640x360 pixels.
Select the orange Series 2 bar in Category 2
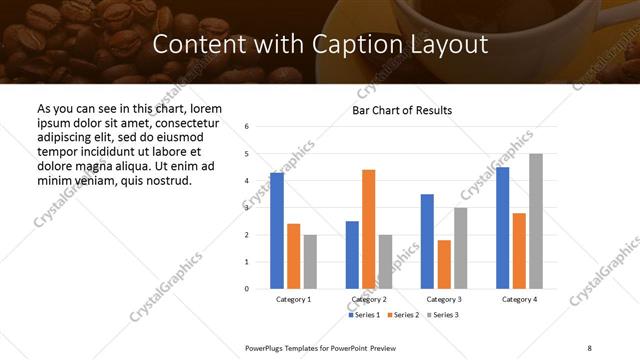point(368,229)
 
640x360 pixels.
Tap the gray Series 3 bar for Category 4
point(535,221)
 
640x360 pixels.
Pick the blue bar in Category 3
point(427,241)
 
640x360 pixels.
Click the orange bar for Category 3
point(443,264)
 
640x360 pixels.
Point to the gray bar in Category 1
point(310,261)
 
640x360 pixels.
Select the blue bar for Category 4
point(502,227)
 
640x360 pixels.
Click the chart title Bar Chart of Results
point(402,110)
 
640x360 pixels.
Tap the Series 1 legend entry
point(364,315)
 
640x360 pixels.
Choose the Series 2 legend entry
point(402,315)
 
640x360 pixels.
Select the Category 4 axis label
point(519,299)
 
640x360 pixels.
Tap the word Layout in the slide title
point(447,45)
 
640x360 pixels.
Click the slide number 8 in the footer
point(589,346)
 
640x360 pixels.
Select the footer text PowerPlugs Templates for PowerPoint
point(312,346)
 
